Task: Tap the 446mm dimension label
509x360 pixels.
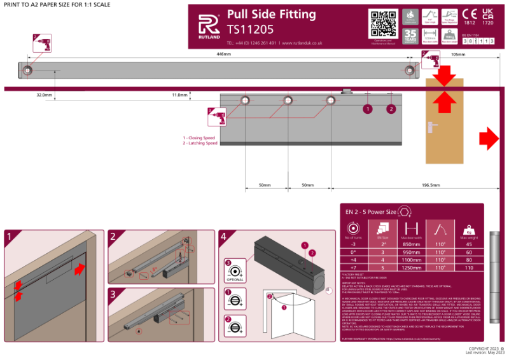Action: tap(223, 55)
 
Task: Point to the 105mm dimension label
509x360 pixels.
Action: tap(457, 55)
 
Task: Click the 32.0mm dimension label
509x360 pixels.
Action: tap(43, 95)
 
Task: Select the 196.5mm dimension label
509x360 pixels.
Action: tap(431, 185)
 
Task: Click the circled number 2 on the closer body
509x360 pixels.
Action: tap(391, 109)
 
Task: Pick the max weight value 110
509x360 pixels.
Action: tap(470, 268)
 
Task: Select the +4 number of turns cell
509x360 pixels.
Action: tap(352, 260)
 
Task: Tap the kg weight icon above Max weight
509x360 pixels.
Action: tap(470, 230)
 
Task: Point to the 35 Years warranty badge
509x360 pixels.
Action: tap(411, 36)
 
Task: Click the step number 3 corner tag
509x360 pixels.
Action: tap(113, 294)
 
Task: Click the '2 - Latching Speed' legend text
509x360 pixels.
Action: tap(200, 143)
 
